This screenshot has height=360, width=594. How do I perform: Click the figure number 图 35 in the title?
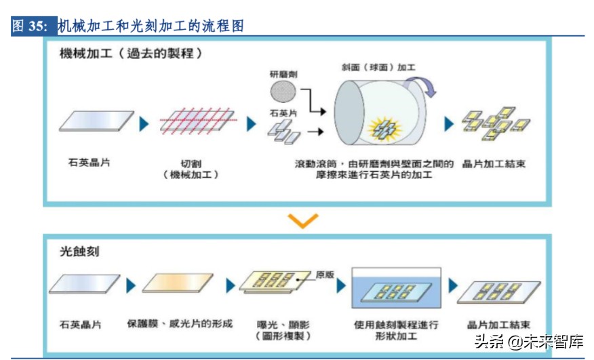[x=31, y=26]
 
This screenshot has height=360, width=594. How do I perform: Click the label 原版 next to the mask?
[x=325, y=275]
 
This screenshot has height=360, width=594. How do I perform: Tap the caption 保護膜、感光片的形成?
[x=180, y=323]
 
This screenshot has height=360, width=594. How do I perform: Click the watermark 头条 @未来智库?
[x=528, y=342]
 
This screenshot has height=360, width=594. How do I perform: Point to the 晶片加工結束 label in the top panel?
[x=494, y=164]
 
